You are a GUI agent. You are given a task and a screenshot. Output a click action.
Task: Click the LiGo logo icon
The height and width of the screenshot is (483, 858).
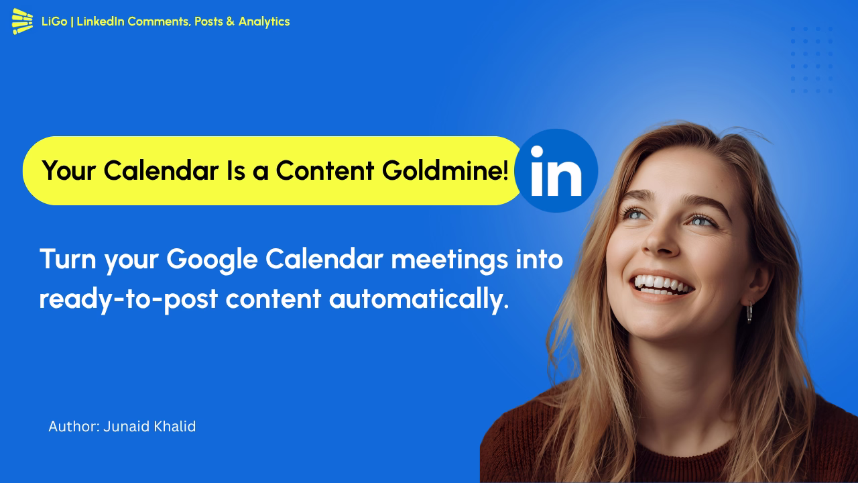coord(22,21)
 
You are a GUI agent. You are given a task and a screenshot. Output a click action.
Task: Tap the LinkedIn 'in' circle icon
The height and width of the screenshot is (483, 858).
coord(556,170)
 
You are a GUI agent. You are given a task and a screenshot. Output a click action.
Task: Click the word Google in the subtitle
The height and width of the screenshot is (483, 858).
coord(212,260)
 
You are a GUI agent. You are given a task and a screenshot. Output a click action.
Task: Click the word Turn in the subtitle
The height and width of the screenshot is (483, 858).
coord(68,260)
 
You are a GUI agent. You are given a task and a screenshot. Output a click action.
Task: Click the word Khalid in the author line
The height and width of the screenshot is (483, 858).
coord(174,427)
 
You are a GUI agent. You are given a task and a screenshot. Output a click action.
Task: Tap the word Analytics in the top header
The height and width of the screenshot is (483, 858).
coord(264,21)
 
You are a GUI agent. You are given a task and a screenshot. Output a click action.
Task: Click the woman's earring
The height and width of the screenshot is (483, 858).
coord(749,312)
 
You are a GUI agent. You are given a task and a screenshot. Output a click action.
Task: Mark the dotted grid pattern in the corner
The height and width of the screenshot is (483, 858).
coord(812,60)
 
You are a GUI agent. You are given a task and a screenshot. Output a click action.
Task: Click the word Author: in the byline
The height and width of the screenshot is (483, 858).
coord(74,427)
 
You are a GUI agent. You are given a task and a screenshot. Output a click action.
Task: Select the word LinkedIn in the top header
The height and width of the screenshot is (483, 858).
coord(101,21)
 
